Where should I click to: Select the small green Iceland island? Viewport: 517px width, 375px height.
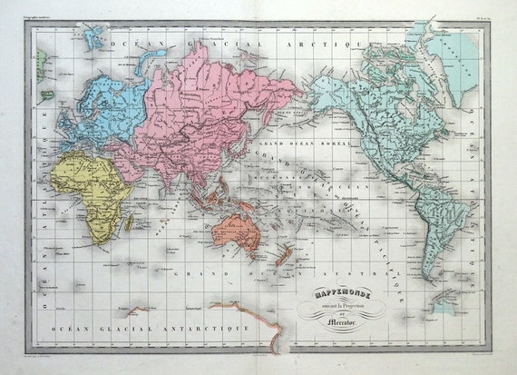coord(42,62)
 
